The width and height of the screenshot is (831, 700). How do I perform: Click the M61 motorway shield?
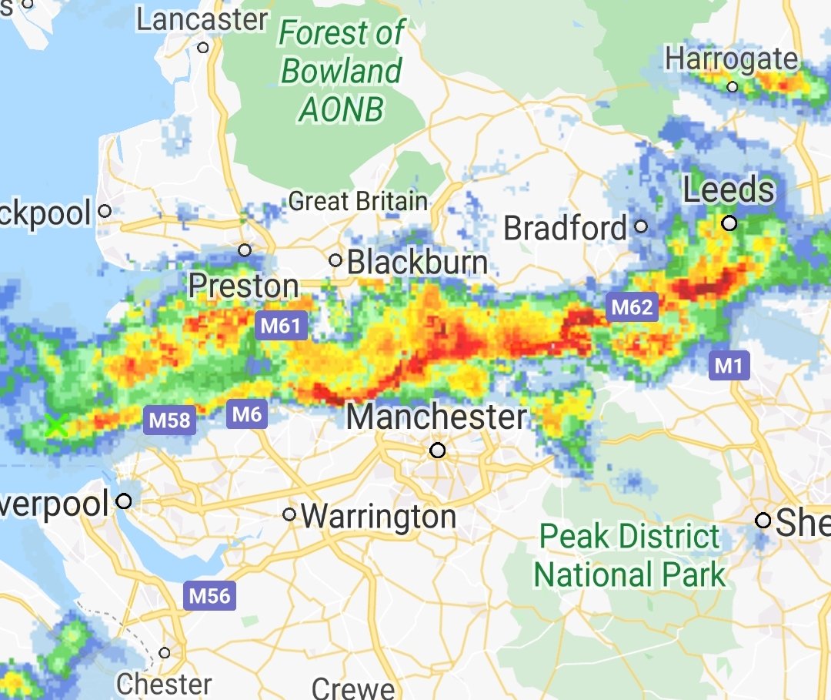pos(281,326)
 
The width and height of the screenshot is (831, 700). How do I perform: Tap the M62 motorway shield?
pos(632,308)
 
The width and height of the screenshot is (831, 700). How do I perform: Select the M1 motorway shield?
pos(728,366)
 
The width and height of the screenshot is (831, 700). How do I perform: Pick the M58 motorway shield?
pos(169,420)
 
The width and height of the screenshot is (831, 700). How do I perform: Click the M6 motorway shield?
pos(247,415)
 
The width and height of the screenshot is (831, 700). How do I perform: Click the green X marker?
pos(55,424)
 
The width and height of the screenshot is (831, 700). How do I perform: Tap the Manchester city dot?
pos(438,450)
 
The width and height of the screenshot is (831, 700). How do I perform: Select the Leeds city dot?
pos(729,223)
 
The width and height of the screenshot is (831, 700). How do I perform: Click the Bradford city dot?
pos(641,227)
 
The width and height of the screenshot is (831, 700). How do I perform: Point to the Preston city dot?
pos(245,250)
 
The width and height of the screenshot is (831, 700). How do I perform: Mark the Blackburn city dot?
pos(335,260)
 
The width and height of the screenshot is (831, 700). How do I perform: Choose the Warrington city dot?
pos(289,514)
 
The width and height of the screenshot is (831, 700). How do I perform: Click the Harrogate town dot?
pos(733,86)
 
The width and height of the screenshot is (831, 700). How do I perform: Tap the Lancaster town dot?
pos(203,48)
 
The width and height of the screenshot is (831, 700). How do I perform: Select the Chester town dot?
pos(165,653)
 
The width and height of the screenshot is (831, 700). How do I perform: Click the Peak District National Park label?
pos(629,555)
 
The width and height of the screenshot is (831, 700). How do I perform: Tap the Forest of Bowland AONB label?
pos(341,72)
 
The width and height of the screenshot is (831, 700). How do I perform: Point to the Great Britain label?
pos(358,202)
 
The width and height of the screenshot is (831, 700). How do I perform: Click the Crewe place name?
pos(354,688)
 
